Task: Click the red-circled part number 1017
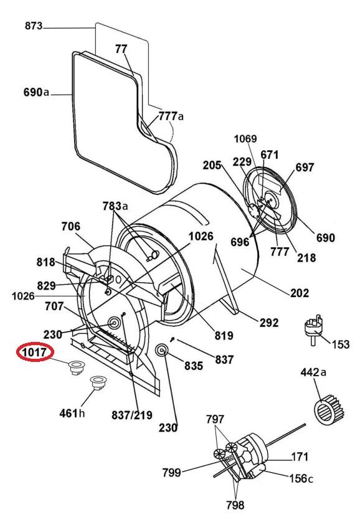(x=35, y=352)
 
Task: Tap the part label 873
(x=34, y=26)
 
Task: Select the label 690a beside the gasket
(x=36, y=92)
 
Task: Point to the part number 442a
(x=313, y=372)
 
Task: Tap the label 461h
(x=72, y=413)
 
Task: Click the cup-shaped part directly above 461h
(x=98, y=383)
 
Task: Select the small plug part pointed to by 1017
(x=76, y=368)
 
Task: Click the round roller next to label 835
(x=162, y=350)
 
